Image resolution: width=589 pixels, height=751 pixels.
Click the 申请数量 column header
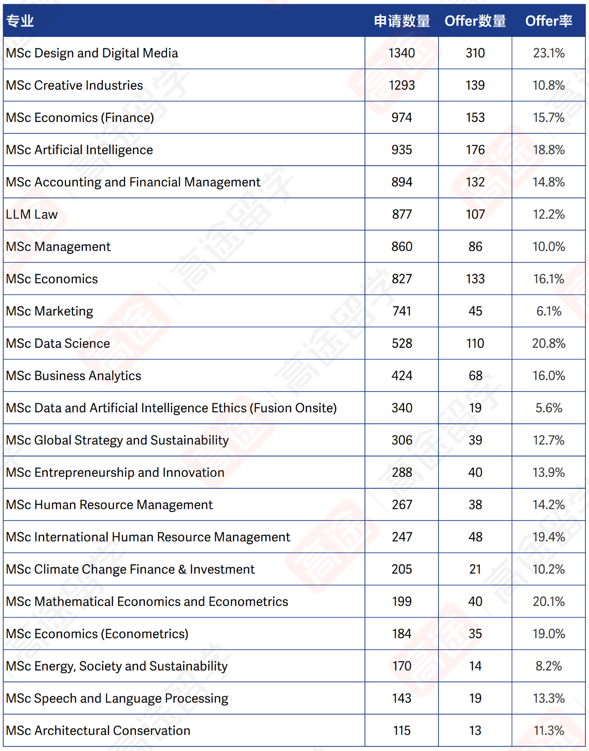(402, 21)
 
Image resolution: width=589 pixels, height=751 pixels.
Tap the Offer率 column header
(549, 21)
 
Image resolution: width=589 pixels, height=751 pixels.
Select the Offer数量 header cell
(475, 21)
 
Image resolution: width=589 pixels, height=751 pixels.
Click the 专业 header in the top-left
(20, 21)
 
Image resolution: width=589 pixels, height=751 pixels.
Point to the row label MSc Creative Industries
(75, 85)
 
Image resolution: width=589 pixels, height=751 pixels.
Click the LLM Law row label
(32, 214)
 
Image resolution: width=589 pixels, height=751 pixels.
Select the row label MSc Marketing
(50, 311)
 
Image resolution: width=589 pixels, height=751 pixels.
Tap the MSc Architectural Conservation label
(98, 730)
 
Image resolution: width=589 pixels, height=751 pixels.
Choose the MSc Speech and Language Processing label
(117, 698)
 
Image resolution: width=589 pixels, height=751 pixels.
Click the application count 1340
(402, 53)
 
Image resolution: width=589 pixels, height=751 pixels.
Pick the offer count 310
(475, 53)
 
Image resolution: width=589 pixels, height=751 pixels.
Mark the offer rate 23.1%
(549, 53)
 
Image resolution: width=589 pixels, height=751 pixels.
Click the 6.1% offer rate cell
(549, 311)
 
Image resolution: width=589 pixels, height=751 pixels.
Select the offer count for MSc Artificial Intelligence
(475, 150)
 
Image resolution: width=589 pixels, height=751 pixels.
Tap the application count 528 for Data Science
(402, 343)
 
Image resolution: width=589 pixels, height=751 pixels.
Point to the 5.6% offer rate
(549, 408)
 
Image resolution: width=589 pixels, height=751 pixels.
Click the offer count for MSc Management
(475, 247)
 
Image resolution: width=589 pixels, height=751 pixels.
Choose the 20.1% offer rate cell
(549, 601)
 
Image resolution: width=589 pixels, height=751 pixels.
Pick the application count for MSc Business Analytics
(402, 375)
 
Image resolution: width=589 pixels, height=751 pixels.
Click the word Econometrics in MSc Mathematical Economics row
(248, 601)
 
